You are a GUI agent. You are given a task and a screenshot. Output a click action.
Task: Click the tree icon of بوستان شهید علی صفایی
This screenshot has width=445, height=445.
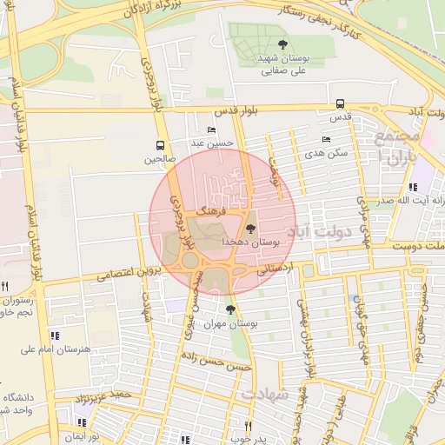(x=282, y=44)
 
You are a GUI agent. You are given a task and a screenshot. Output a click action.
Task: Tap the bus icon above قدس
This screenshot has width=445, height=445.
(x=339, y=103)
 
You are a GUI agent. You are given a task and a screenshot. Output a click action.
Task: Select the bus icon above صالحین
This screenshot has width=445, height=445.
(x=159, y=145)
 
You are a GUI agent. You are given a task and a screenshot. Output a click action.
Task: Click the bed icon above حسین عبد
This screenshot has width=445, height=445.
(x=212, y=130)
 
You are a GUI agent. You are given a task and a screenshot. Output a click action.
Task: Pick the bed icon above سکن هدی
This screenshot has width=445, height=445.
(x=326, y=139)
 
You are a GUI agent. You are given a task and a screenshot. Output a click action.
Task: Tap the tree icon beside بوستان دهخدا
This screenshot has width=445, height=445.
(x=251, y=229)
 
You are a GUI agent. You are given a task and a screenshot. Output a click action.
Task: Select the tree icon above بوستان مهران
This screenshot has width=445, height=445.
(x=229, y=309)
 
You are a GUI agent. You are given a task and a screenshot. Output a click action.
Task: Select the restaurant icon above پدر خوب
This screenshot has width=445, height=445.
(x=248, y=426)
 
